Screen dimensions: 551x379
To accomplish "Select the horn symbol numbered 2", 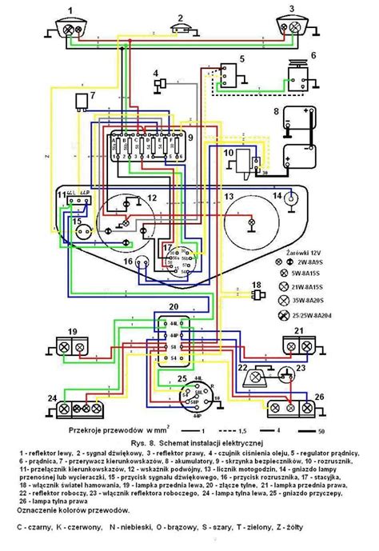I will (182, 29).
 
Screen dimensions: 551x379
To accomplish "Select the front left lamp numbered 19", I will (70, 345).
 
